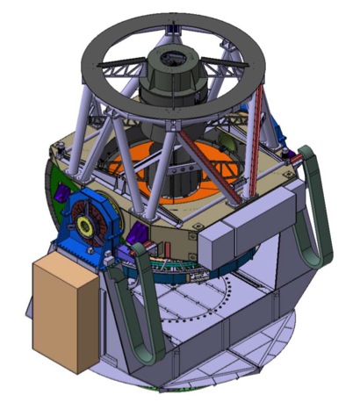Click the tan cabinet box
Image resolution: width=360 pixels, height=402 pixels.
tap(63, 312)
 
